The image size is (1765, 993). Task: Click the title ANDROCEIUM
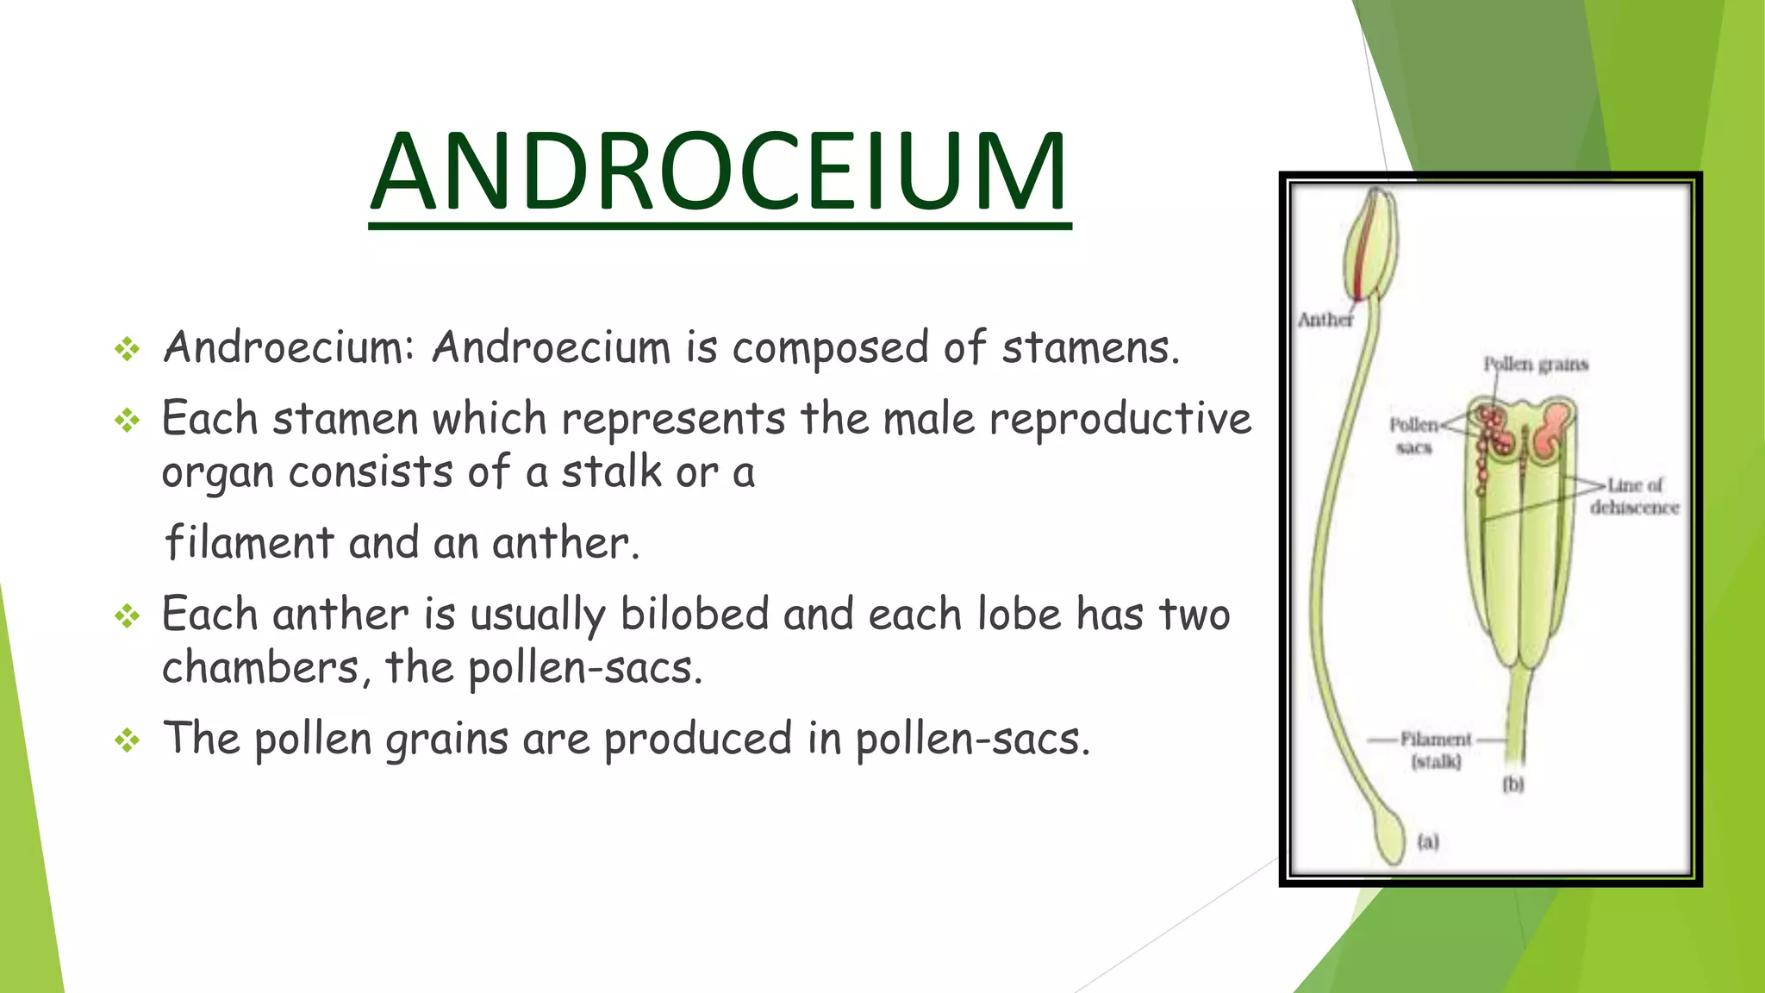[x=720, y=172]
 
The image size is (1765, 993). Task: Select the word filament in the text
[x=249, y=543]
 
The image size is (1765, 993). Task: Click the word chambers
[x=260, y=668]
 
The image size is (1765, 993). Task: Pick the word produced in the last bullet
[x=697, y=740]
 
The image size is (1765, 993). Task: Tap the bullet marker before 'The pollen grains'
[x=128, y=740]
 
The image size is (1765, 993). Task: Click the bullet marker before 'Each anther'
[x=128, y=615]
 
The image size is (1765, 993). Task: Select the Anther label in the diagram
[x=1325, y=320]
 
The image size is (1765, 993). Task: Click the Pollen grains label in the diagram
[x=1535, y=364]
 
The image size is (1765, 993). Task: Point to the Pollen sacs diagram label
[x=1413, y=435]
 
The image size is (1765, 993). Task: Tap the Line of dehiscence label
[x=1634, y=496]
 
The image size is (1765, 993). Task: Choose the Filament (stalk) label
[x=1436, y=750]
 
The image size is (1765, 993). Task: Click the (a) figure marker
[x=1428, y=841]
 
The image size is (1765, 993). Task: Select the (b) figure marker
[x=1512, y=784]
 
